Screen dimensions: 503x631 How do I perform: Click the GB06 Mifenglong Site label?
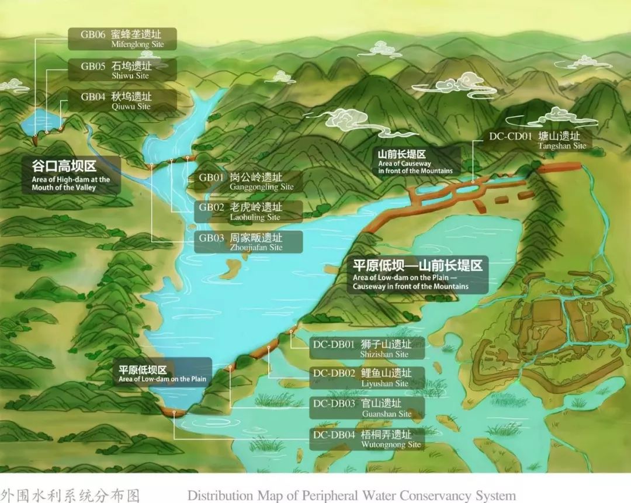coord(128,39)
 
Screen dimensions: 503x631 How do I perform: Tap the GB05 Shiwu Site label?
coord(128,70)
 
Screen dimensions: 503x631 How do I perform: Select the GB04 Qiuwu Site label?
coord(128,101)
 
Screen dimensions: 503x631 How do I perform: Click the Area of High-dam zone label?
coord(71,175)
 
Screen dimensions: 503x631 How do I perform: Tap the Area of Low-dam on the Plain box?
coord(162,373)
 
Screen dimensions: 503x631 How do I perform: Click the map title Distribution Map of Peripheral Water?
coord(352,495)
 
